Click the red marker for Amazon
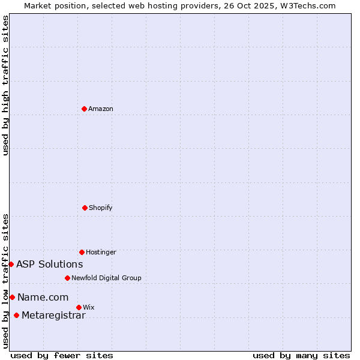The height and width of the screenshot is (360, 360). tap(85, 109)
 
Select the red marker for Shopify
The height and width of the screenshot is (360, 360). tap(85, 208)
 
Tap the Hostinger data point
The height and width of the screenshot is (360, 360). tap(82, 252)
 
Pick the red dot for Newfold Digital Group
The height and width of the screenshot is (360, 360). tap(67, 278)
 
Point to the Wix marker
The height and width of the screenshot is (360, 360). tap(79, 307)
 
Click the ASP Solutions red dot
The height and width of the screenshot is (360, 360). tap(11, 264)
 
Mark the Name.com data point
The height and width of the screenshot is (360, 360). tap(12, 297)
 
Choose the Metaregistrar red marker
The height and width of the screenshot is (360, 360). tap(16, 316)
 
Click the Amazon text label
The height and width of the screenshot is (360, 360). tap(101, 109)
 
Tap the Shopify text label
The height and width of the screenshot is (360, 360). tap(101, 208)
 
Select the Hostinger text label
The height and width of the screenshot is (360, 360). tap(101, 253)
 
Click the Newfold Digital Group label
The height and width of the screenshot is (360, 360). tap(106, 278)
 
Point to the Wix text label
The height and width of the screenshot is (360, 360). tap(89, 308)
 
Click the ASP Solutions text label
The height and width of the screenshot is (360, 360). tap(49, 265)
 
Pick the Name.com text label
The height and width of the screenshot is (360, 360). tap(43, 298)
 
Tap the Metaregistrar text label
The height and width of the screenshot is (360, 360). tap(53, 316)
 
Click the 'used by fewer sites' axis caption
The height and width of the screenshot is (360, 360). tap(62, 355)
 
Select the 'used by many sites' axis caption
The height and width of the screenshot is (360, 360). tap(301, 355)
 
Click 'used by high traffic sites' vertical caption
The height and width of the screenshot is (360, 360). tap(5, 85)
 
